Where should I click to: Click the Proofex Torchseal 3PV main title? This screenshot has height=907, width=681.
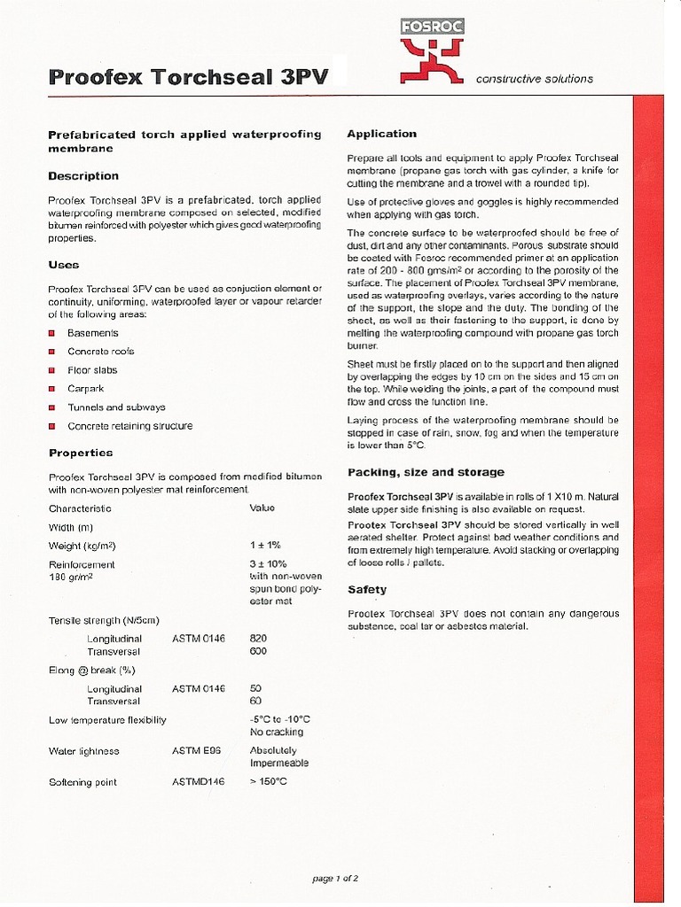[x=188, y=77]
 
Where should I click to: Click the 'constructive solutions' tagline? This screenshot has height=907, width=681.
[x=535, y=79]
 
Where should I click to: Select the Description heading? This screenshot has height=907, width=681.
[x=83, y=176]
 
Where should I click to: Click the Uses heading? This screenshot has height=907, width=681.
[x=64, y=265]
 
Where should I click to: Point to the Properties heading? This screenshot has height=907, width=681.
[x=81, y=453]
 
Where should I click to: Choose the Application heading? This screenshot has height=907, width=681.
[x=381, y=134]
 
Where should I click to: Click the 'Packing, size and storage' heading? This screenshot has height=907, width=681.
[x=426, y=472]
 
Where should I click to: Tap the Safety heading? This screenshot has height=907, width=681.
[x=367, y=589]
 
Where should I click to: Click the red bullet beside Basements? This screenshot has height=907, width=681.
[x=52, y=333]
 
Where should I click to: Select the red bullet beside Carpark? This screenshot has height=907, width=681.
[x=52, y=389]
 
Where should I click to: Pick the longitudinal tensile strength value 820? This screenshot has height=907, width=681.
[x=259, y=638]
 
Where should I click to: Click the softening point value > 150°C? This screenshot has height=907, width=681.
[x=269, y=782]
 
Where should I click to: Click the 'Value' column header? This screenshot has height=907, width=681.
[x=262, y=508]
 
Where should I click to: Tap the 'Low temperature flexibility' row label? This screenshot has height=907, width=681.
[x=107, y=720]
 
